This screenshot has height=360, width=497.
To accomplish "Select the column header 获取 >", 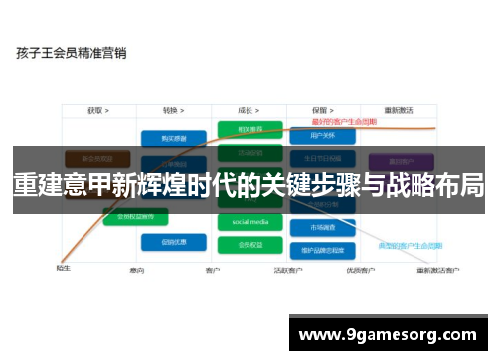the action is point(97,110).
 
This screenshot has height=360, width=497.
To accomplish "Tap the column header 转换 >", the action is point(176,110).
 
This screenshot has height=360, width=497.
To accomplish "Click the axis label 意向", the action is point(137,270).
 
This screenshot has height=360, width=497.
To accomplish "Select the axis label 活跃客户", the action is point(288,270).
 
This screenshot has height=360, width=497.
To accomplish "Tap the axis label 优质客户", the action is point(359,270).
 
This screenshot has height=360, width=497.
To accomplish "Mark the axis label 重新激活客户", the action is point(437,270).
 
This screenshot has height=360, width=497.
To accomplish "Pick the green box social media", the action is point(249,222).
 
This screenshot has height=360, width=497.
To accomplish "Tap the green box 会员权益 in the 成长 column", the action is point(249,243).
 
